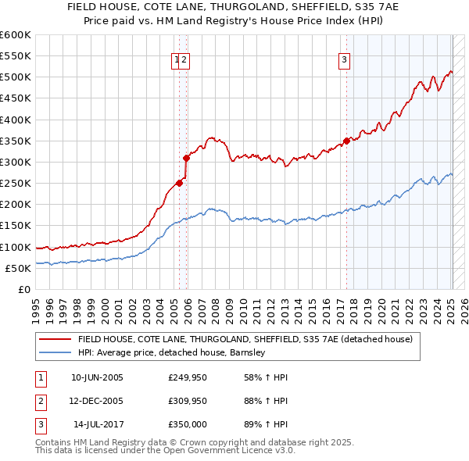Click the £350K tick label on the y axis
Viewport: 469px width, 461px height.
point(15,141)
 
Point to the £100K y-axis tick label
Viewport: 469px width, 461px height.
point(15,247)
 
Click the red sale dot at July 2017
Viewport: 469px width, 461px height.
point(346,141)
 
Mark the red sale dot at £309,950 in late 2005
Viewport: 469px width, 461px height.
point(186,159)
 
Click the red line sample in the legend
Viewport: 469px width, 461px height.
point(55,340)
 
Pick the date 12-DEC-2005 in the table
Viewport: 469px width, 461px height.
point(97,401)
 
